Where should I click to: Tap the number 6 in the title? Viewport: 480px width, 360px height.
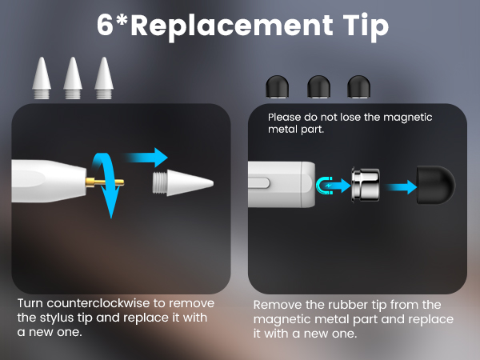pos(106,26)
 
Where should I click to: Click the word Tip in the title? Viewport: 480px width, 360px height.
pos(360,26)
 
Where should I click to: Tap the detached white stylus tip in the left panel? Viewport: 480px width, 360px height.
pos(182,183)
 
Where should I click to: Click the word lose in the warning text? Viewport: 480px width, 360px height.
pos(349,117)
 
